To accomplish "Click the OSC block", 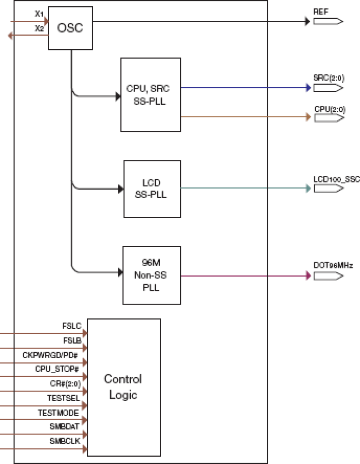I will [x=70, y=28].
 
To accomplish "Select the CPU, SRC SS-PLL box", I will [x=151, y=95].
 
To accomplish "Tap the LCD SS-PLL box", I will [x=152, y=189].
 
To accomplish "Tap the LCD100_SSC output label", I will [x=336, y=179].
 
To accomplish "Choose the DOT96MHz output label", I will [x=333, y=266].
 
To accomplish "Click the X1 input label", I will [x=39, y=14].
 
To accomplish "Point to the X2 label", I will [x=39, y=28].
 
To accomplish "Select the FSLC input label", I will [x=71, y=326].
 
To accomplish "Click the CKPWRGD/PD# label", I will [x=51, y=355].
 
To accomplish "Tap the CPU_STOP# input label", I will [x=57, y=369].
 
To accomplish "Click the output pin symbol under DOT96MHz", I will [x=328, y=276].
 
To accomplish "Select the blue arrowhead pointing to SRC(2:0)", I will [x=307, y=88].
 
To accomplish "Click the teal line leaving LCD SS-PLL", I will [x=241, y=188].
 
